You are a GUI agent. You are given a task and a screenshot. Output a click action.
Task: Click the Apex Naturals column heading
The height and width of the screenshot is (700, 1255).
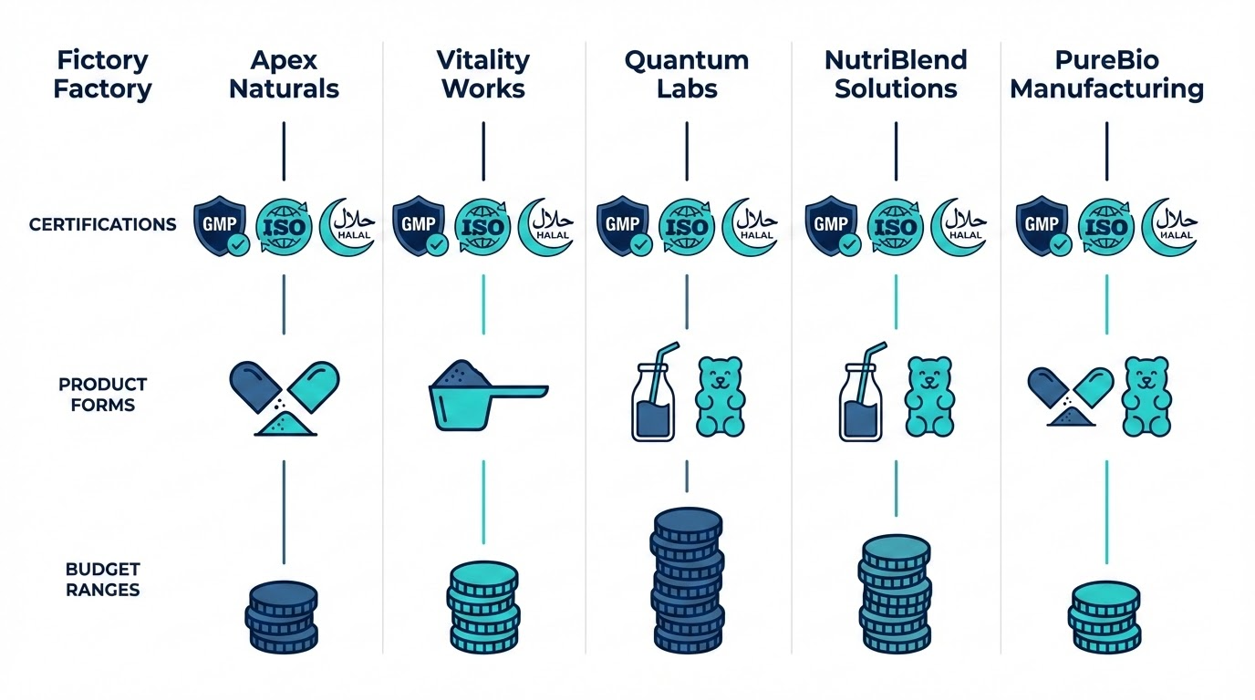pyautogui.click(x=284, y=75)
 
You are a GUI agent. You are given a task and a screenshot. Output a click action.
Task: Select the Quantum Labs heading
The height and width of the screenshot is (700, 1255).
pyautogui.click(x=686, y=75)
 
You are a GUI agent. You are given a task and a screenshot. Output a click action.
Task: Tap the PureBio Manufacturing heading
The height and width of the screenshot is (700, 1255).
pyautogui.click(x=1107, y=75)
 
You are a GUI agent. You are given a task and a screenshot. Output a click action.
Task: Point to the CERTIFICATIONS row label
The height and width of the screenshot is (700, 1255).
pyautogui.click(x=103, y=224)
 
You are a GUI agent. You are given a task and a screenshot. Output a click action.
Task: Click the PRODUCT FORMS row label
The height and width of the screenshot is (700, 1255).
pyautogui.click(x=103, y=394)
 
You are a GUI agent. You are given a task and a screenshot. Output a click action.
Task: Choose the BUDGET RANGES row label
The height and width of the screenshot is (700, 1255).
pyautogui.click(x=103, y=579)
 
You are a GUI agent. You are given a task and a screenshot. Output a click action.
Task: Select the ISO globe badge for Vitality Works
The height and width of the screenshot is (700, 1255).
pyautogui.click(x=483, y=226)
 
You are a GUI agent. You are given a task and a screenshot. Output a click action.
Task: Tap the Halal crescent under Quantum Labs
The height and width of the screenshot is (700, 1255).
pyautogui.click(x=750, y=226)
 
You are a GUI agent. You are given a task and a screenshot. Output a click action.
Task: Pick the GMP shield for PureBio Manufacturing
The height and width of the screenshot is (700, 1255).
pyautogui.click(x=1042, y=225)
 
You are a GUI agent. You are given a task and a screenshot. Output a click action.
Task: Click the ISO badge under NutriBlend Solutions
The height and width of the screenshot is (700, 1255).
pyautogui.click(x=897, y=226)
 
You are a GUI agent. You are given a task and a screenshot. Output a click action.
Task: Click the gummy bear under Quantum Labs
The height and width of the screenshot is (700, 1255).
pyautogui.click(x=721, y=396)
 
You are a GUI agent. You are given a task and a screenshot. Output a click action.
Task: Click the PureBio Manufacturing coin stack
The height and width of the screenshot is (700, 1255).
pyautogui.click(x=1105, y=617)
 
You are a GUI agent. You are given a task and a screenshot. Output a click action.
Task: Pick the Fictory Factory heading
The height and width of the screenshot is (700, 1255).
pyautogui.click(x=103, y=75)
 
